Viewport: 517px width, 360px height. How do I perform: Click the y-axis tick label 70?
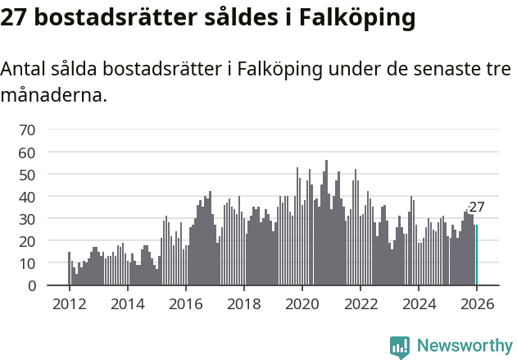click(27, 130)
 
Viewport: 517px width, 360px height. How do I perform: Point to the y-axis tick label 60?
click(27, 153)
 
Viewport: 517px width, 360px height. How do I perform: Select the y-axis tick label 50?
click(27, 175)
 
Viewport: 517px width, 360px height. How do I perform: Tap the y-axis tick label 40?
click(27, 197)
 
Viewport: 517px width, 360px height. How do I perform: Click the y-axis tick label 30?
click(27, 220)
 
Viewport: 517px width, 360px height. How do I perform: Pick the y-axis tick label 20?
click(27, 242)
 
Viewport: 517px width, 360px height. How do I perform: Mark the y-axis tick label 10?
click(27, 264)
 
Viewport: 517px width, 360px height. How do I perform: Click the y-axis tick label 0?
click(31, 286)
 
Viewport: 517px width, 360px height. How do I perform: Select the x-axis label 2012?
click(69, 303)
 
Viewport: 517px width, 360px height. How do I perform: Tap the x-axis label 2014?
click(127, 303)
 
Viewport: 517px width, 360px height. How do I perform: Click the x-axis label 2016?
click(185, 303)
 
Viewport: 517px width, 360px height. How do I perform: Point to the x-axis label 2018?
click(243, 303)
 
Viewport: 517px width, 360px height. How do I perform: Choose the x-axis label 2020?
click(302, 303)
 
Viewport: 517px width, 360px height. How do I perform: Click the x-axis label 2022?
click(361, 303)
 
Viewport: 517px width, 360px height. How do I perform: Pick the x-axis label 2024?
click(419, 303)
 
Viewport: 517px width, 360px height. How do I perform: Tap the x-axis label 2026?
click(477, 303)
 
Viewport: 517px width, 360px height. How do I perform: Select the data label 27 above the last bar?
click(477, 207)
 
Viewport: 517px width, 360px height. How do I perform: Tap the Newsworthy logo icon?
click(400, 347)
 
